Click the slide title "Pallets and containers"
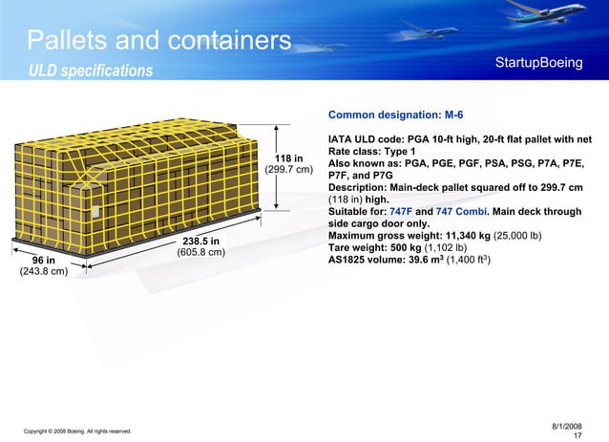[x=158, y=41]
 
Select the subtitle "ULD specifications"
[x=90, y=72]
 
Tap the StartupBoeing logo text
[x=538, y=63]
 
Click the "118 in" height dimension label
[x=288, y=158]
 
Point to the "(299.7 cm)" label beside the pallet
[x=288, y=171]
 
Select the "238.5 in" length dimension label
[x=201, y=242]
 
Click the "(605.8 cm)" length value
[x=201, y=254]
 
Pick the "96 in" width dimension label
[x=43, y=260]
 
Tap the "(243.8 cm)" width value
[x=43, y=272]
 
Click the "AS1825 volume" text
[x=367, y=261]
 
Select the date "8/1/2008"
[x=567, y=424]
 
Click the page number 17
[x=577, y=435]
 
